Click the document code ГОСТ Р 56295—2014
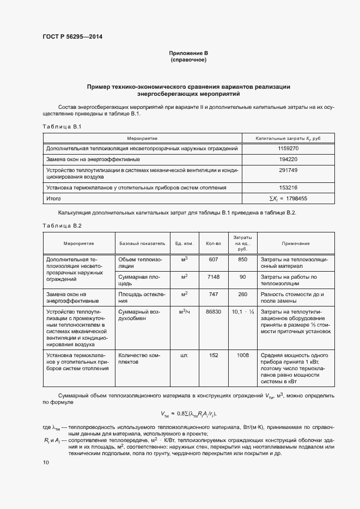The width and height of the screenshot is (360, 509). (72, 37)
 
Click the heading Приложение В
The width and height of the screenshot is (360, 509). (188, 53)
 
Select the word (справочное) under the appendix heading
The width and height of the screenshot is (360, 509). (188, 59)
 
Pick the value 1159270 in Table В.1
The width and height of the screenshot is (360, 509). (288, 148)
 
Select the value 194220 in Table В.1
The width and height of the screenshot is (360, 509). (288, 160)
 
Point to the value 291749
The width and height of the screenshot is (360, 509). (288, 170)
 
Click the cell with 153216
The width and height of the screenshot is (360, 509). (288, 188)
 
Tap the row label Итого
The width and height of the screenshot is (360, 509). (53, 199)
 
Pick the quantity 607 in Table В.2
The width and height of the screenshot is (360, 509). (213, 259)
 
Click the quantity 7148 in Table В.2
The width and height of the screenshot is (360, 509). (213, 277)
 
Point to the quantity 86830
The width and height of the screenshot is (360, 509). (213, 312)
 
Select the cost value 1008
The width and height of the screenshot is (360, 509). (243, 355)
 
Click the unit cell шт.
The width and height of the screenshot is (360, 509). (184, 355)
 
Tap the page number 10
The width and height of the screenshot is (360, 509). (46, 462)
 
